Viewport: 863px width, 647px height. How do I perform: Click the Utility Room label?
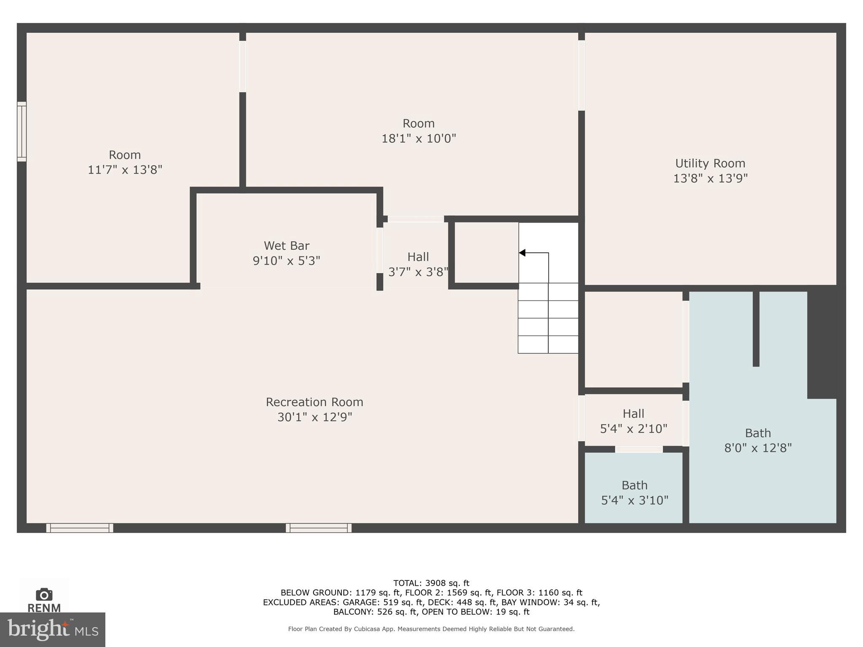click(x=710, y=163)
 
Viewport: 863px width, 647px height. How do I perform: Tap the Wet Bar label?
click(x=287, y=246)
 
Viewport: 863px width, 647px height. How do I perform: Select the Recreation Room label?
click(x=314, y=402)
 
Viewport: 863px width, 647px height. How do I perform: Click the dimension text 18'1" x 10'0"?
click(x=418, y=139)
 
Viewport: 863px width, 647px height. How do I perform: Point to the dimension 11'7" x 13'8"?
click(x=125, y=170)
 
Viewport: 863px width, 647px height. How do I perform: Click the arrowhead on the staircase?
click(x=522, y=253)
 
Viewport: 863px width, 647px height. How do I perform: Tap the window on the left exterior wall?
click(x=21, y=131)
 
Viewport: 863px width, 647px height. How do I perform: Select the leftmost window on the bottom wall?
click(x=80, y=528)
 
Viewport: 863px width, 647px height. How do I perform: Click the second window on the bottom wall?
click(x=319, y=528)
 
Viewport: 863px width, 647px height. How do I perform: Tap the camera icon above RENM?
click(x=44, y=594)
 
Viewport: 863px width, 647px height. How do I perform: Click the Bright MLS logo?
click(x=53, y=629)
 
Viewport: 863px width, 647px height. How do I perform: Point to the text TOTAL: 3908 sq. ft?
click(x=431, y=583)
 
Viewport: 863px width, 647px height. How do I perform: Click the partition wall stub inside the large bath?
click(x=756, y=329)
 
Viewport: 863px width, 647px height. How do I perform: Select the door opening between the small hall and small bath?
click(x=639, y=449)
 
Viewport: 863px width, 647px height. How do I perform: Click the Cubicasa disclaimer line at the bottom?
click(x=431, y=629)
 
